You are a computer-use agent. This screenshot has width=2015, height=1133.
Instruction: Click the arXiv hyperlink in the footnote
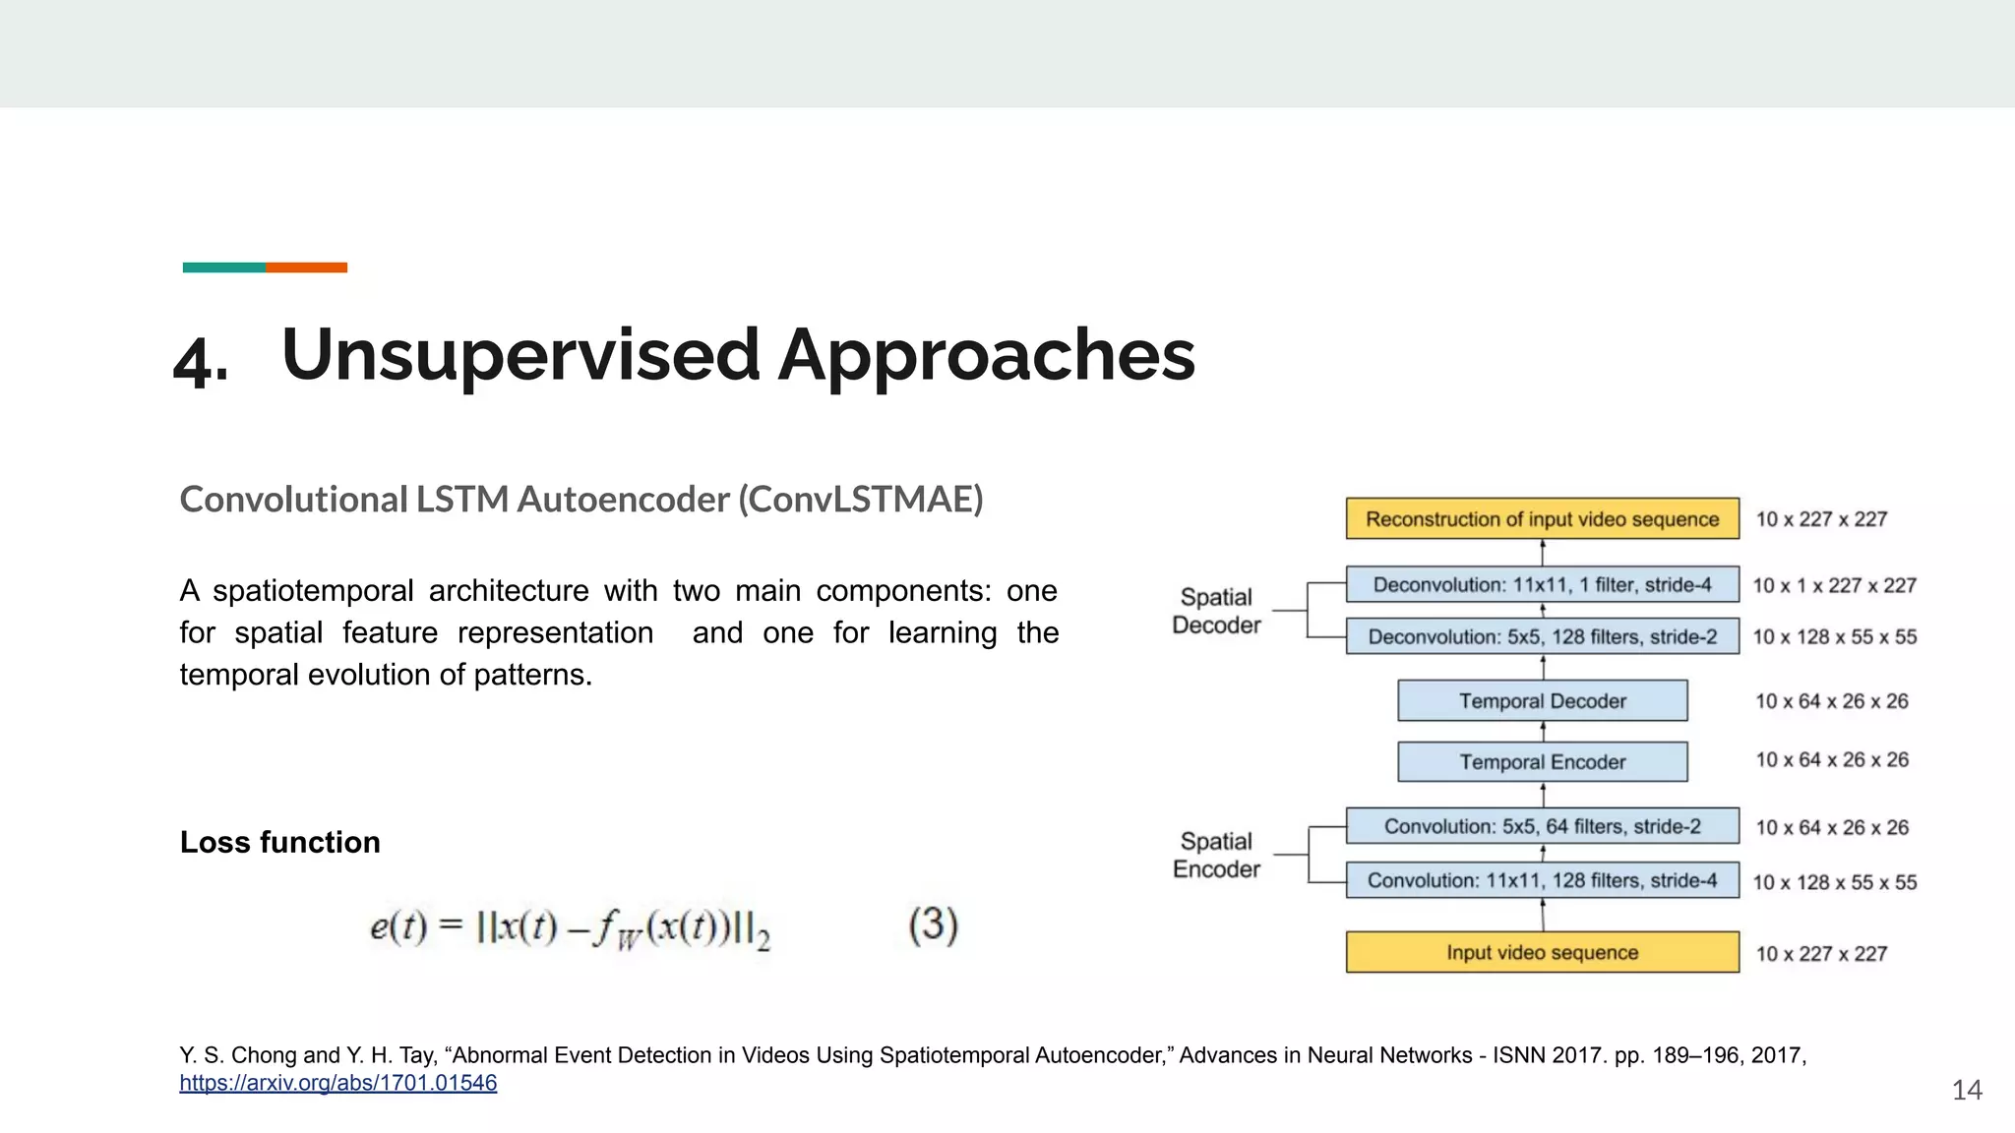[x=337, y=1083]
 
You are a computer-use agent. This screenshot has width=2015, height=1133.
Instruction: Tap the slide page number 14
[x=1966, y=1090]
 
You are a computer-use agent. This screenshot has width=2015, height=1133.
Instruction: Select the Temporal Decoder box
[x=1542, y=700]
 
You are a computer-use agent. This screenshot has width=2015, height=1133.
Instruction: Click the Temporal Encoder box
[x=1542, y=761]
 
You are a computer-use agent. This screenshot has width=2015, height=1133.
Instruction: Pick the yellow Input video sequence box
[x=1542, y=952]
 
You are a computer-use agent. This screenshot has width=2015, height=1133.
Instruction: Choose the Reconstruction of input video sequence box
[x=1542, y=518]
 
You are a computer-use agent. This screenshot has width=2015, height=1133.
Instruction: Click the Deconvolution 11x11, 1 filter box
[x=1542, y=584]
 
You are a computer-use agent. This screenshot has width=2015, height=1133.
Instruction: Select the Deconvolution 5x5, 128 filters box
[x=1542, y=636]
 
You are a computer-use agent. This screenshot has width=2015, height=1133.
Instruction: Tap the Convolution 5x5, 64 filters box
[x=1542, y=826]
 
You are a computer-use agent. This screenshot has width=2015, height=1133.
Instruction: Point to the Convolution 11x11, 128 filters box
[x=1542, y=880]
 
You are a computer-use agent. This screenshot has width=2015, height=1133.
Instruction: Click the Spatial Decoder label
[x=1216, y=611]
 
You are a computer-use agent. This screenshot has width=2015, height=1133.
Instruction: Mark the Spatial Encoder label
[x=1216, y=855]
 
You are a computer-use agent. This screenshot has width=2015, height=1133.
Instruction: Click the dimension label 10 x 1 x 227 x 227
[x=1835, y=585]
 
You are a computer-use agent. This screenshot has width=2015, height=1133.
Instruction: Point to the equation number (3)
[x=933, y=925]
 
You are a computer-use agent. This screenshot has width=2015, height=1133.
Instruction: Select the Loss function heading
[x=279, y=842]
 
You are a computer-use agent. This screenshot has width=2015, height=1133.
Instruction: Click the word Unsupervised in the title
[x=520, y=355]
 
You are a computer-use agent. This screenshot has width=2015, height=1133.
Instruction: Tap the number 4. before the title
[x=201, y=361]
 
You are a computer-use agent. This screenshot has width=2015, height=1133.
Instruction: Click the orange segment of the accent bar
[x=306, y=268]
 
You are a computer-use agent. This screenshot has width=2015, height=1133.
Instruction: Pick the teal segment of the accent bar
[x=223, y=268]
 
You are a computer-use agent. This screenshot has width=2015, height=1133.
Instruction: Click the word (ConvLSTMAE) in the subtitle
[x=861, y=500]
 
